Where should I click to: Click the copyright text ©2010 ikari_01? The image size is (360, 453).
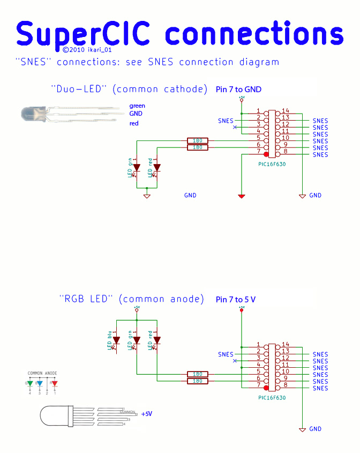(86, 49)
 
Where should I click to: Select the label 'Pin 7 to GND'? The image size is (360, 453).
(238, 90)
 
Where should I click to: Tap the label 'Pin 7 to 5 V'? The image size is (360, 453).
(236, 299)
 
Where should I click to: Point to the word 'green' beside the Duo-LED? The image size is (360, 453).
(137, 106)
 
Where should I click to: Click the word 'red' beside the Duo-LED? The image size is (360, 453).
(134, 123)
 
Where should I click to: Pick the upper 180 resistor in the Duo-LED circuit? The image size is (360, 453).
(197, 140)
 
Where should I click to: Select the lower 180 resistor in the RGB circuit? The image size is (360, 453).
(197, 381)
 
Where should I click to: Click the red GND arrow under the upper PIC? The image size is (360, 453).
(242, 197)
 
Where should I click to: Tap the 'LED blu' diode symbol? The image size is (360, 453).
(116, 340)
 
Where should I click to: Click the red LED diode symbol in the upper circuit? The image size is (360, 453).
(157, 168)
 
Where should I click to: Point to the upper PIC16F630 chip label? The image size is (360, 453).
(272, 164)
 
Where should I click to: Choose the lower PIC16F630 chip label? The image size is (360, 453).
(272, 398)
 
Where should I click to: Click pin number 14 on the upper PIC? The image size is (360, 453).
(285, 110)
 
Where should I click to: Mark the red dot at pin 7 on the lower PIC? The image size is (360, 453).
(266, 385)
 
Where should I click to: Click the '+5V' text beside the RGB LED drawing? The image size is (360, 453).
(147, 414)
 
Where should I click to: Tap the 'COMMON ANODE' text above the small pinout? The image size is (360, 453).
(42, 373)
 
